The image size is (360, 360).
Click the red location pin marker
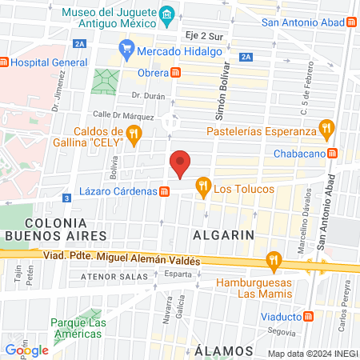(x=181, y=164)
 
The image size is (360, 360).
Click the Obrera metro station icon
(x=175, y=73)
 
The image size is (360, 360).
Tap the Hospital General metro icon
(x=4, y=62)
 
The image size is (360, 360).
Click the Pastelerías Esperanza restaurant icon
(x=326, y=128)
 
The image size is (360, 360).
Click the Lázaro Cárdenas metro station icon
(x=163, y=192)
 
